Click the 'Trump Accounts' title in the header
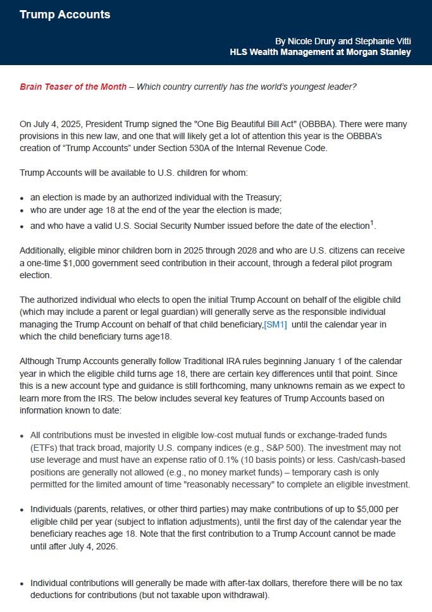(x=65, y=14)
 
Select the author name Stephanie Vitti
(x=383, y=40)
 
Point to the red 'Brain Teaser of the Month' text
(x=73, y=87)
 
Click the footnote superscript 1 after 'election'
(x=373, y=222)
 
